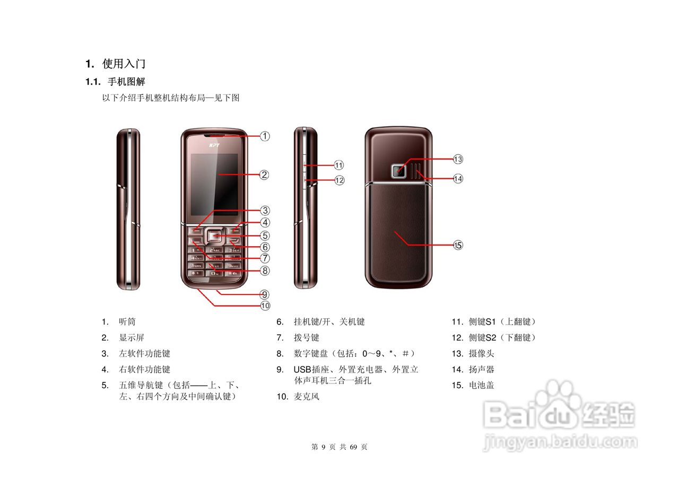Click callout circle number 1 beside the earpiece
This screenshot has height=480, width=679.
(x=265, y=136)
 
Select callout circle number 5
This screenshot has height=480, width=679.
(x=265, y=235)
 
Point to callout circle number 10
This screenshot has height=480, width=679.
(x=265, y=306)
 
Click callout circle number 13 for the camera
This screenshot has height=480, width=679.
(x=458, y=159)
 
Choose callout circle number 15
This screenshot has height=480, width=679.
(x=458, y=245)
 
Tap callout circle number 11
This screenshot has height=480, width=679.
(x=339, y=165)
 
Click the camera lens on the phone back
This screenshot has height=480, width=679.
(x=398, y=171)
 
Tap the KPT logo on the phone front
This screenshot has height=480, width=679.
(x=214, y=145)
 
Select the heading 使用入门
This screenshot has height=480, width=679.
(x=124, y=64)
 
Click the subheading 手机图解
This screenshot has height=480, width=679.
(x=126, y=82)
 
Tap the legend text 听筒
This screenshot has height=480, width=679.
(x=127, y=322)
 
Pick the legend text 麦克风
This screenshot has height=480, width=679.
(x=307, y=397)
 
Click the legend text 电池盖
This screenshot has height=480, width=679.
(x=482, y=386)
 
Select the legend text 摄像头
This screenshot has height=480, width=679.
(x=482, y=354)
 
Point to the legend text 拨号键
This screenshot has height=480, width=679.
(x=307, y=338)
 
